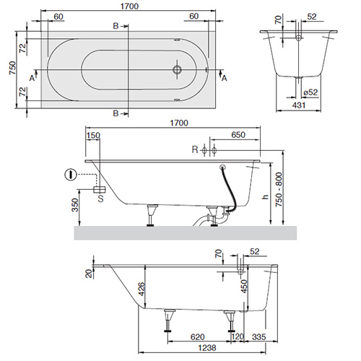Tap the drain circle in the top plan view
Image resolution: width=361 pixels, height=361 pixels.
click(x=177, y=71)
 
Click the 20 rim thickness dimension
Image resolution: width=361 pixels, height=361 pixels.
click(x=87, y=272)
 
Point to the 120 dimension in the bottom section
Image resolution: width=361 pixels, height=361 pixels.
click(x=235, y=336)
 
